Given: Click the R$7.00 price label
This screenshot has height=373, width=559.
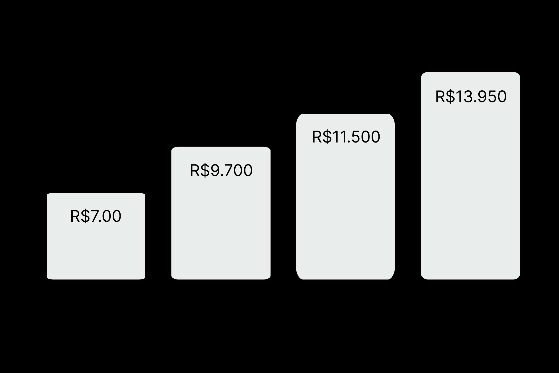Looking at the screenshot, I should point(96,216).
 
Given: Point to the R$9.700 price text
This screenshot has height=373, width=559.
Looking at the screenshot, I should point(221,171).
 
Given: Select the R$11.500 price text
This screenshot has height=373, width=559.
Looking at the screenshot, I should point(346,137).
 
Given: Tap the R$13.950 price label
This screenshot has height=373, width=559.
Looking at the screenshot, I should point(471,96).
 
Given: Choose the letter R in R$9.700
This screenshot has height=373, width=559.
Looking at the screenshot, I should point(195,171).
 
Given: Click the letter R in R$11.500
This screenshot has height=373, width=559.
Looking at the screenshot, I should point(317,137).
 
